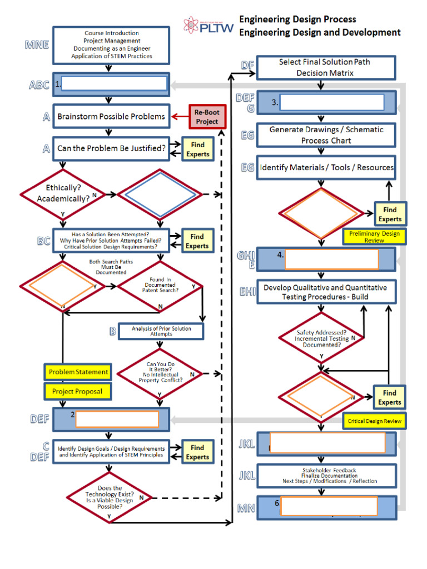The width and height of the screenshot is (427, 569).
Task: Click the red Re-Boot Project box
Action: click(x=207, y=117)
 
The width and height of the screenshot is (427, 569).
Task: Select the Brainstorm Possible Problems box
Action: click(x=111, y=117)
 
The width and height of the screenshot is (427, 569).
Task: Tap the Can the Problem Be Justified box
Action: click(x=111, y=149)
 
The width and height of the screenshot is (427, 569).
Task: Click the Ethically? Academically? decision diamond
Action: click(x=63, y=193)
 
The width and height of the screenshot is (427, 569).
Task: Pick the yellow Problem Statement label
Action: click(x=78, y=372)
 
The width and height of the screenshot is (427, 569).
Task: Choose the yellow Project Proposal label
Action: click(x=77, y=391)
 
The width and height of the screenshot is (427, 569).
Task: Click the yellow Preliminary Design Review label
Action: click(x=374, y=237)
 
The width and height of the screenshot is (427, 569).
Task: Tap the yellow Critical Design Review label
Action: click(x=374, y=421)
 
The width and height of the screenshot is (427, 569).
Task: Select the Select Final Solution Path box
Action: click(x=325, y=67)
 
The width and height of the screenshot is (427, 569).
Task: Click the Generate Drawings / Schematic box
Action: click(x=326, y=135)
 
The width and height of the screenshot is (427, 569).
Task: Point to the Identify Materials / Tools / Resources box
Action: click(x=326, y=167)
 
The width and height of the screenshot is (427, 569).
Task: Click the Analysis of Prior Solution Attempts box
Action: click(x=161, y=331)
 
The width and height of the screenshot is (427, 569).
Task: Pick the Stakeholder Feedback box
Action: click(x=326, y=476)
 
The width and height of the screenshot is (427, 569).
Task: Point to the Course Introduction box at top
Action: click(x=111, y=45)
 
